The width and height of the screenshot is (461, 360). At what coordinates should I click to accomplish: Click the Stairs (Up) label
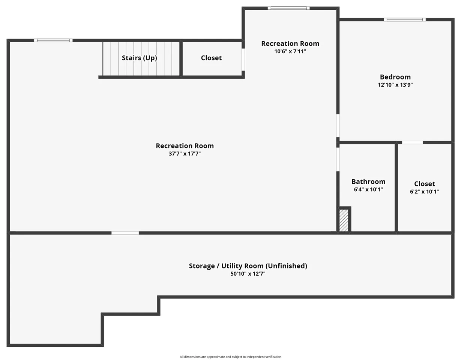(140, 58)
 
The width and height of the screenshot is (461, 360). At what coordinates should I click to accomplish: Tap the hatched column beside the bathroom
(344, 220)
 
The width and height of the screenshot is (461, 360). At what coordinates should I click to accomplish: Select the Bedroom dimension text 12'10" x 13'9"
(395, 85)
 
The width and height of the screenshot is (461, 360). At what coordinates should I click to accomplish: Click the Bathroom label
(368, 181)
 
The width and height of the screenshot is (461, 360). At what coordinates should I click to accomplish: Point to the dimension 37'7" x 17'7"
(185, 153)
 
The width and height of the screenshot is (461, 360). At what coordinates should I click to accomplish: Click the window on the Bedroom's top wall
(405, 20)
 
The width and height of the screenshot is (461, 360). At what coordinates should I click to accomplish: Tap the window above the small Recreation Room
(288, 8)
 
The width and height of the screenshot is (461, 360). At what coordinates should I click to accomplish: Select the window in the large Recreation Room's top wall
(53, 40)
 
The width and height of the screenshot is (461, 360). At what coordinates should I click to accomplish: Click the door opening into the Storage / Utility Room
(125, 233)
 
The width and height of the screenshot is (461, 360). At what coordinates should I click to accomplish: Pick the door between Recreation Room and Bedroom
(338, 126)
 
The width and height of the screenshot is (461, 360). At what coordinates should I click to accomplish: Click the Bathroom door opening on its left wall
(338, 159)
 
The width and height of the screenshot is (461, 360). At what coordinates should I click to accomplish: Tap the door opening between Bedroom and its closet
(412, 142)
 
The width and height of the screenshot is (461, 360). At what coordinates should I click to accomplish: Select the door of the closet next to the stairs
(243, 60)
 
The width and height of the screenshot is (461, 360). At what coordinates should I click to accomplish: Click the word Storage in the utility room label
(202, 266)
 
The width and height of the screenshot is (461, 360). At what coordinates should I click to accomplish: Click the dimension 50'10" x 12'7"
(248, 274)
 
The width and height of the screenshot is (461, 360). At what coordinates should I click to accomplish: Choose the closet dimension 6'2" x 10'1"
(424, 192)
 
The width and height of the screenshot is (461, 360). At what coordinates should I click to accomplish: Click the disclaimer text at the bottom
(230, 357)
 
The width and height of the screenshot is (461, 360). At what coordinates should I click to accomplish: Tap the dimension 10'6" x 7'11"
(290, 51)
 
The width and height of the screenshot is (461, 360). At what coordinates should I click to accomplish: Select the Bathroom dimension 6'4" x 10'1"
(368, 189)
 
